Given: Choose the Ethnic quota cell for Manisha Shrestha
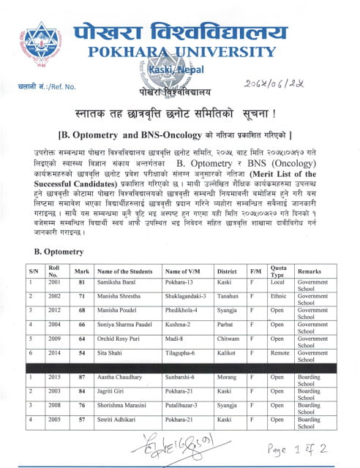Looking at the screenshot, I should (x=277, y=299).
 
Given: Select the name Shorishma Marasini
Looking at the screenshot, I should (x=125, y=408).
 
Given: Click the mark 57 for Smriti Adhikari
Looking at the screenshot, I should (x=82, y=423).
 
